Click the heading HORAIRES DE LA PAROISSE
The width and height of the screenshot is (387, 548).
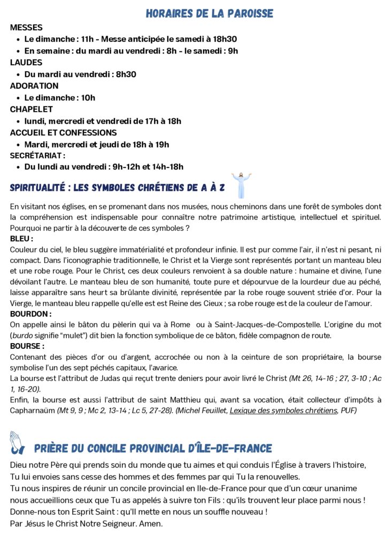point(210,13)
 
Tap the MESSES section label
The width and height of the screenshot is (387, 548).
point(26,27)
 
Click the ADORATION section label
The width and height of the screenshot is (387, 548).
point(34,86)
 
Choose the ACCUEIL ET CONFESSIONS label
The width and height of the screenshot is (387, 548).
point(63,133)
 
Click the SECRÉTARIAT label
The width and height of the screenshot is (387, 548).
point(37,156)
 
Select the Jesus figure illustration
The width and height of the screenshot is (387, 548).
point(241,185)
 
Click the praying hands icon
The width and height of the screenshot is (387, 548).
point(17,443)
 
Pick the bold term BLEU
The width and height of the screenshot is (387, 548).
point(21,239)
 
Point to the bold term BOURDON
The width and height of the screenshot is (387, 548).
point(30,314)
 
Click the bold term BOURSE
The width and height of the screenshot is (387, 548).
point(27,346)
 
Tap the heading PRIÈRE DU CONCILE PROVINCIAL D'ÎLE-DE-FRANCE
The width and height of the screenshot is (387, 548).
point(153,448)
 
